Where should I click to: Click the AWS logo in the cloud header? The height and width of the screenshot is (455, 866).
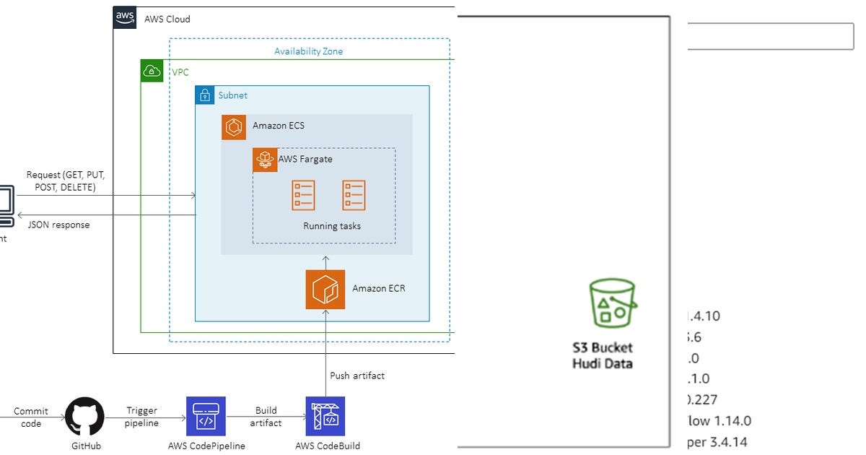click(125, 18)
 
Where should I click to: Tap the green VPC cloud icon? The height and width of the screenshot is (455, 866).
click(152, 71)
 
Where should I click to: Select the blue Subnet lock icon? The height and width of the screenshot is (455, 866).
click(205, 95)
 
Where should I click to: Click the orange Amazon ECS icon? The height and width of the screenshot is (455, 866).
click(234, 127)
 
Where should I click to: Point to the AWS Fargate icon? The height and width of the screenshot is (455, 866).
click(265, 160)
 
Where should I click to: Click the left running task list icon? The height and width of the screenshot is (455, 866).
click(303, 195)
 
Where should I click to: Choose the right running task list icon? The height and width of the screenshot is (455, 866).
click(354, 195)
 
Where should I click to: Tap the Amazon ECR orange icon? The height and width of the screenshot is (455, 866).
click(325, 290)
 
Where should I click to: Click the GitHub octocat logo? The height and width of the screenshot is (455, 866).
click(85, 416)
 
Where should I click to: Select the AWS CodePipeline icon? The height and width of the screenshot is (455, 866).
click(206, 416)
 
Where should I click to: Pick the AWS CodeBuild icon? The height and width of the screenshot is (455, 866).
click(325, 416)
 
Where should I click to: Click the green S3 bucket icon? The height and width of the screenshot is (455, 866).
click(613, 303)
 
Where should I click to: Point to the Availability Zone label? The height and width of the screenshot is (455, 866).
click(308, 51)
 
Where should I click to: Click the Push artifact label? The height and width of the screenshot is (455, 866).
click(357, 376)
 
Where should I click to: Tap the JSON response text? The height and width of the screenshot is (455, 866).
click(58, 225)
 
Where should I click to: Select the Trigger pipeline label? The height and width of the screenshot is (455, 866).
click(141, 417)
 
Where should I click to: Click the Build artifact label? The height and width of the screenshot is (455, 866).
click(266, 417)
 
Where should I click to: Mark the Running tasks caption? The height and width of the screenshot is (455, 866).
click(332, 226)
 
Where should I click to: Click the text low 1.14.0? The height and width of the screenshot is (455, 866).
click(719, 420)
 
